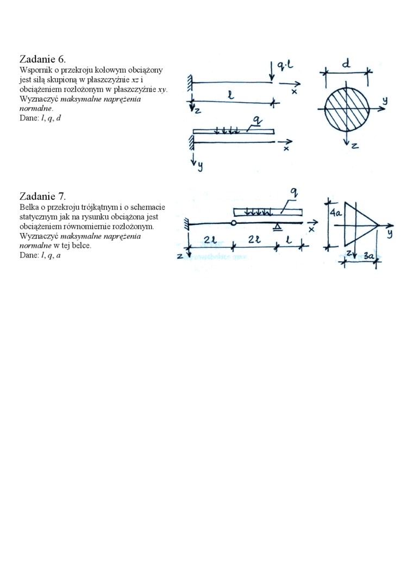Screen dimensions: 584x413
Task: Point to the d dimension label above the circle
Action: point(346,65)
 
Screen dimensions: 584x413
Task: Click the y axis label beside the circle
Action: point(384,101)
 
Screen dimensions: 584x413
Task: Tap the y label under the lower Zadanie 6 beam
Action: point(200,166)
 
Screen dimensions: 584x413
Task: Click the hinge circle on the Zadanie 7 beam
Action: point(233,223)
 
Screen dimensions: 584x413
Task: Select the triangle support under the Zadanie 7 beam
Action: point(278,226)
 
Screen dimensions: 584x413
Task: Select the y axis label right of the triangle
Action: point(390,233)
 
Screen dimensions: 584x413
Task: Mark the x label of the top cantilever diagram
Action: point(294,92)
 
